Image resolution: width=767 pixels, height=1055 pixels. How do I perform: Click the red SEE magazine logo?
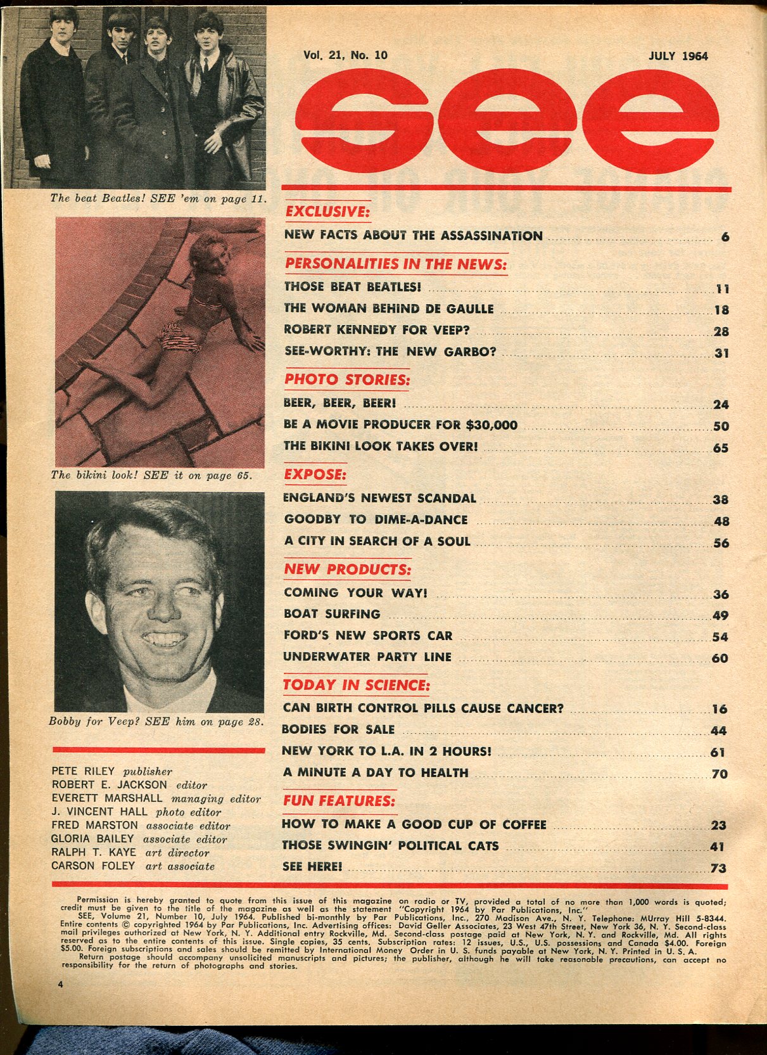[x=507, y=120]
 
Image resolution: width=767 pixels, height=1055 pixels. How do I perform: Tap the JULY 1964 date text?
[x=678, y=56]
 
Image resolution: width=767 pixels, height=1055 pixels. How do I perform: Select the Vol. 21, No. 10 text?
[x=345, y=55]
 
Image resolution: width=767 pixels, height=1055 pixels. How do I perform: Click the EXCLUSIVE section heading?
[x=327, y=211]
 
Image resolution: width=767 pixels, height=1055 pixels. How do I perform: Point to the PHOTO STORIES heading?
[x=346, y=380]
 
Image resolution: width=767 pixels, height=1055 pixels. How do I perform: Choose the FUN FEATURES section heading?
[x=339, y=801]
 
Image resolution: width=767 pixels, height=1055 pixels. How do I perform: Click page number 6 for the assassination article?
[x=725, y=237]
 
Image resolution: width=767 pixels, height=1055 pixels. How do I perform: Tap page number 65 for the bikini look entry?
[x=721, y=447]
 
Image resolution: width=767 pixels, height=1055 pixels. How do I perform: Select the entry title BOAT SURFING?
[x=332, y=614]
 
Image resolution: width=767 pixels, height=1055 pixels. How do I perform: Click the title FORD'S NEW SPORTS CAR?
[x=367, y=636]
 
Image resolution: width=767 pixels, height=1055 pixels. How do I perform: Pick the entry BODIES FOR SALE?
[x=338, y=730]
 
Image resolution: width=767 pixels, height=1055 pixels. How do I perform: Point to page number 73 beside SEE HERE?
[x=718, y=868]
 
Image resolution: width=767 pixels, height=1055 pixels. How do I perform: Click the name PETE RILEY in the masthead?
[x=83, y=771]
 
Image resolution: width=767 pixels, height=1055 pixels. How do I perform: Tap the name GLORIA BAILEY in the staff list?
[x=92, y=839]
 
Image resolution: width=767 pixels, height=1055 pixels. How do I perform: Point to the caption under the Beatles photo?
[x=158, y=198]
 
